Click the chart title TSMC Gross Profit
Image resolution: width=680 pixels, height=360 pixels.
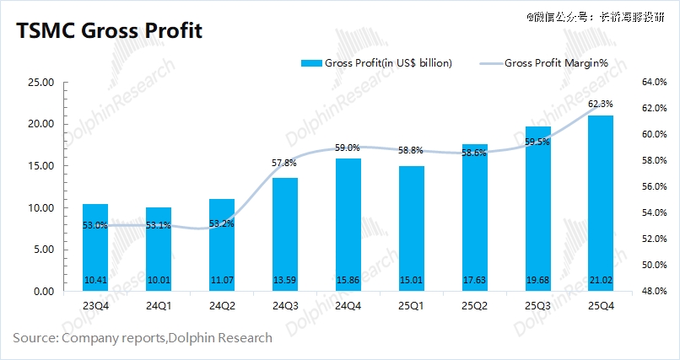point(107,32)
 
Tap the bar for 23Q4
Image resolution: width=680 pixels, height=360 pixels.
point(94,248)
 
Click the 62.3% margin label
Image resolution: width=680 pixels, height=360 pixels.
point(600,104)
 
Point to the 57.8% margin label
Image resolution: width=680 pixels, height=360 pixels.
point(285,163)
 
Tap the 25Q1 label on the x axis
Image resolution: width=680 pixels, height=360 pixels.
point(411,306)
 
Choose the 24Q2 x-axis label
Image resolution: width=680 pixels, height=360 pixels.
point(221,306)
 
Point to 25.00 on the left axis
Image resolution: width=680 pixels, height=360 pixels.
point(41,83)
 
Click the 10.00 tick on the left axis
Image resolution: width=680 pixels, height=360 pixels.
point(41,208)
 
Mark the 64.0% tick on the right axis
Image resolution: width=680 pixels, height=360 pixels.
point(631,83)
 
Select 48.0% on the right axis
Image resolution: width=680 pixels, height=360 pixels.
point(631,292)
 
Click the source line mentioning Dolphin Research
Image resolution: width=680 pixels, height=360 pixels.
point(143,338)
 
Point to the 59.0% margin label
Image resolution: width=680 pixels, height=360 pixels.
point(348,148)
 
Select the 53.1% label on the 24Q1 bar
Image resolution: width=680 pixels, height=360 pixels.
point(158,225)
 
